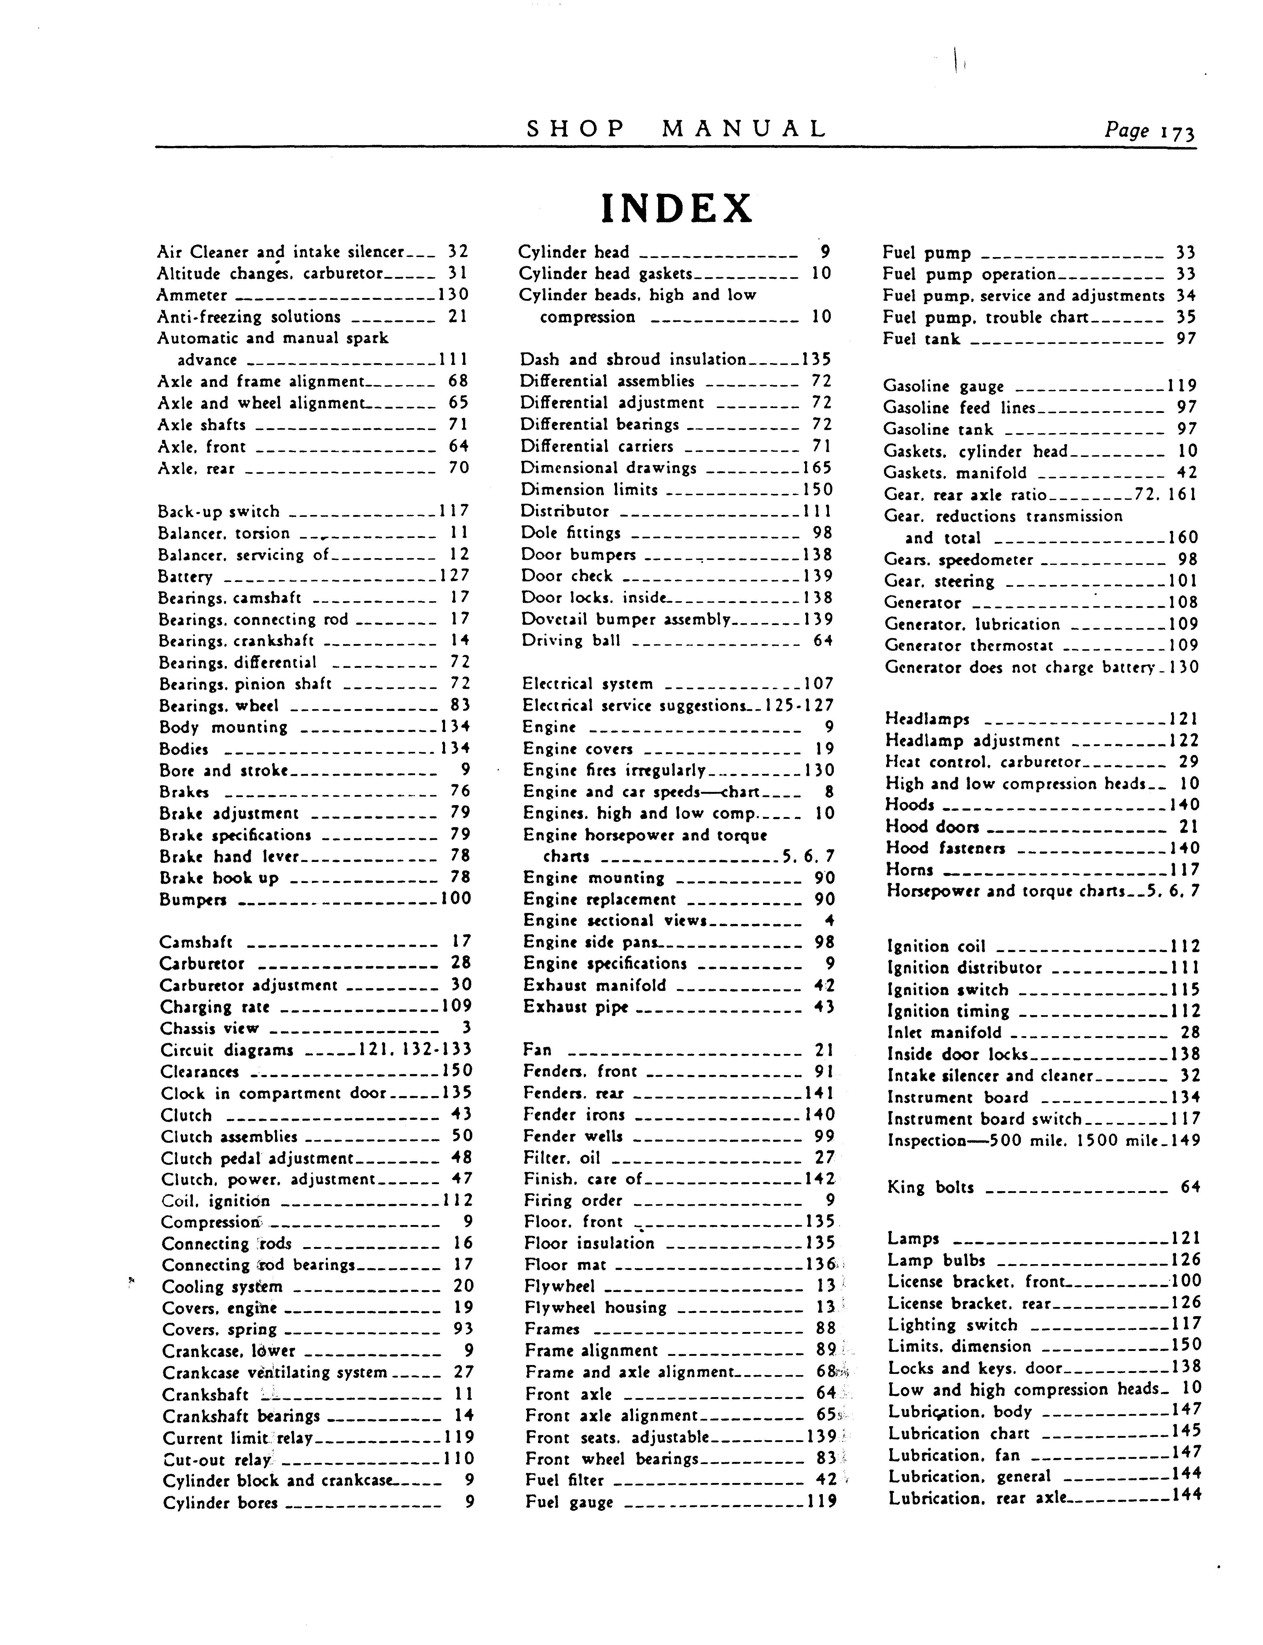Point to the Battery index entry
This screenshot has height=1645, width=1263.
tap(185, 577)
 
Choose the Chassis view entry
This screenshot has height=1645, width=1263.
tap(209, 1029)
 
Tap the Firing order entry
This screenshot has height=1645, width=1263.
tap(573, 1201)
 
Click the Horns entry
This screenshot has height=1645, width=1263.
tap(910, 870)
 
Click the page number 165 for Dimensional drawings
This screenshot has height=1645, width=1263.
tap(817, 468)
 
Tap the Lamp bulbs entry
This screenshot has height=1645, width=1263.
tap(936, 1261)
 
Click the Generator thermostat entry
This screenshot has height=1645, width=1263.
tap(969, 646)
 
